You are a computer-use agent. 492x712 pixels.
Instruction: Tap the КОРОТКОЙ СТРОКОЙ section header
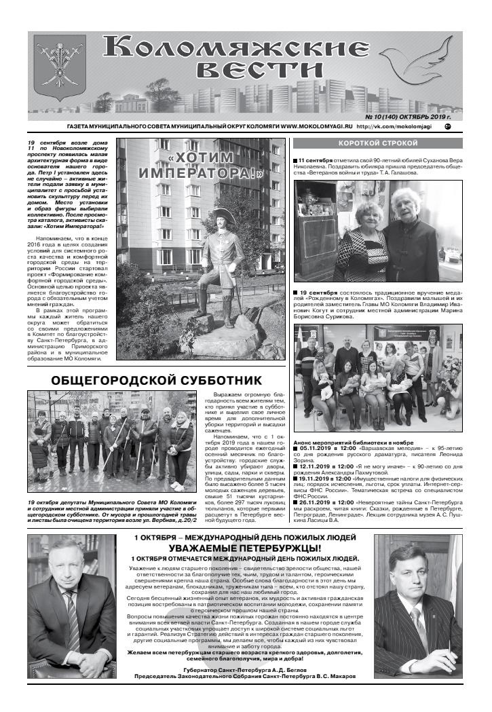point(378,144)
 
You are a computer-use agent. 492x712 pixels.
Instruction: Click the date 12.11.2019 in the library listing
point(316,467)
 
